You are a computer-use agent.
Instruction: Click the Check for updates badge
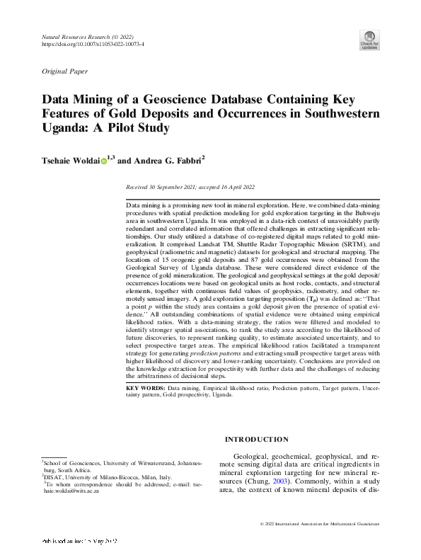(369, 40)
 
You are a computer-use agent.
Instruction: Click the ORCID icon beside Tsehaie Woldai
(103, 161)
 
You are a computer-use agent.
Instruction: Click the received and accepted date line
(190, 188)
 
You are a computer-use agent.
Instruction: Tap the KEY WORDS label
(145, 389)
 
